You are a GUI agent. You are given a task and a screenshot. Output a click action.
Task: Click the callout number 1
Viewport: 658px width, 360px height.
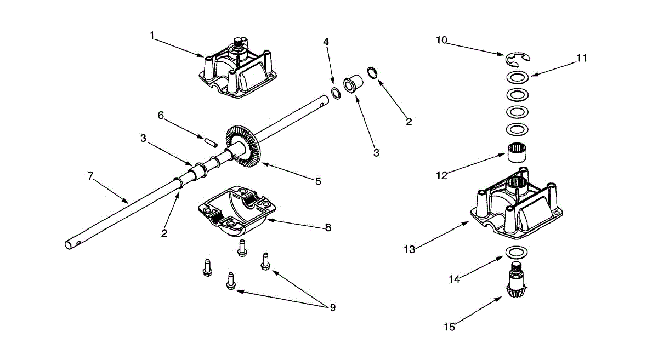pyautogui.click(x=152, y=36)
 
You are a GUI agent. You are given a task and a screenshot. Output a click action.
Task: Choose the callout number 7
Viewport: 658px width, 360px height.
pyautogui.click(x=90, y=176)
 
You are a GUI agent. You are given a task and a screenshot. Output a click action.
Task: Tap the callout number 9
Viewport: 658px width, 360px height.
pyautogui.click(x=332, y=308)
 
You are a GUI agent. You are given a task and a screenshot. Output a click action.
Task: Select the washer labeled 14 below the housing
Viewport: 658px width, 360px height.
pyautogui.click(x=516, y=253)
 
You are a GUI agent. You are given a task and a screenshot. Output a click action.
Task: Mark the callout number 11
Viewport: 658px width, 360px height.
pyautogui.click(x=582, y=58)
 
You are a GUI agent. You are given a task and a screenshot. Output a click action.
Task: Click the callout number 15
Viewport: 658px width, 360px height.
pyautogui.click(x=449, y=327)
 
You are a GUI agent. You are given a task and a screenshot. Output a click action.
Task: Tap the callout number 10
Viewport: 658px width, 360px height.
pyautogui.click(x=442, y=40)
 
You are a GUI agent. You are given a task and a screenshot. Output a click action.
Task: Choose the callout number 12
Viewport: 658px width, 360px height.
pyautogui.click(x=441, y=175)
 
